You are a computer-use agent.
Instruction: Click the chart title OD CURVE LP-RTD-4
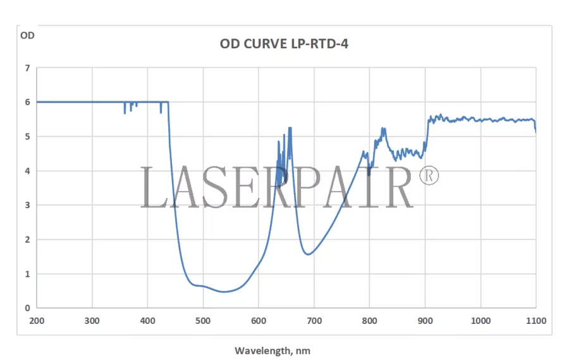[284, 44]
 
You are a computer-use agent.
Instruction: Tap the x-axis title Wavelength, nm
[272, 350]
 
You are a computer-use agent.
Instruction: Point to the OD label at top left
[27, 35]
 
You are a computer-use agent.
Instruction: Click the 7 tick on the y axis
[27, 68]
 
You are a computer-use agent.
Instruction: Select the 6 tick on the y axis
[27, 102]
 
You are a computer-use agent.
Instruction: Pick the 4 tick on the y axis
[27, 171]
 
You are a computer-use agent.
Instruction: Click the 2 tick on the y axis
[27, 240]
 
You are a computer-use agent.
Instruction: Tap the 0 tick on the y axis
[27, 308]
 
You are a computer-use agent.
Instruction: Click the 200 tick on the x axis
[37, 321]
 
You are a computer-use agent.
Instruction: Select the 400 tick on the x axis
[148, 321]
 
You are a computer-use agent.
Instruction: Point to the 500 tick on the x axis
[203, 321]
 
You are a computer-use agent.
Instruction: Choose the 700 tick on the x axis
[314, 321]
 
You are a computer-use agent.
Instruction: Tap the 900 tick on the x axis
[425, 321]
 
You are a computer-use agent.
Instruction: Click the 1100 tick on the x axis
[535, 321]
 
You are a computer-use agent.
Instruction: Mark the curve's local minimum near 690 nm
[308, 254]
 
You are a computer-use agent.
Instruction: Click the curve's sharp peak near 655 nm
[290, 128]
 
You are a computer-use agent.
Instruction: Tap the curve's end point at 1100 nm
[535, 131]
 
